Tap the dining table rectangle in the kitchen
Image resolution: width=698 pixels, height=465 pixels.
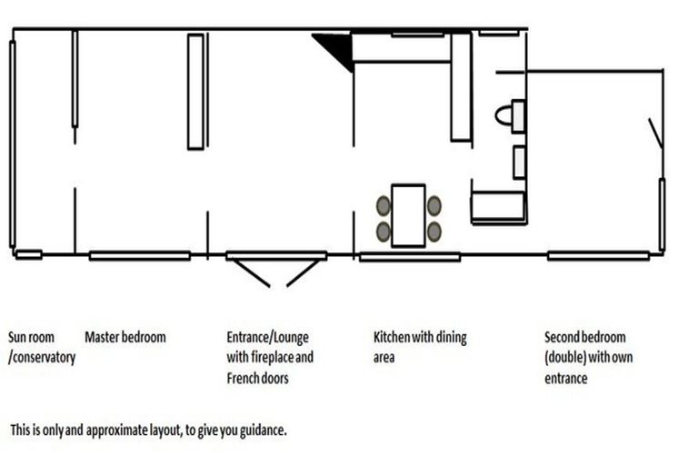[408, 215]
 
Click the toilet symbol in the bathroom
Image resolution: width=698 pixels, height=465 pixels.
[510, 116]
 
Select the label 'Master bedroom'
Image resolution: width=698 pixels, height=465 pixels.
[125, 337]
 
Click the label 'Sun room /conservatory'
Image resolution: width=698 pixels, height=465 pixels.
[42, 347]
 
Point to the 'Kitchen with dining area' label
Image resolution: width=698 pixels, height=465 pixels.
[420, 347]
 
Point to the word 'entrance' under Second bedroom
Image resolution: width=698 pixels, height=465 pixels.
[566, 379]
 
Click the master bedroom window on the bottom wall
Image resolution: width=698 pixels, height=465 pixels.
[140, 256]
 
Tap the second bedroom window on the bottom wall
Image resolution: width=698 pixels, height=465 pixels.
[598, 256]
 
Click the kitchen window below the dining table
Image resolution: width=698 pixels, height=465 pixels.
[410, 257]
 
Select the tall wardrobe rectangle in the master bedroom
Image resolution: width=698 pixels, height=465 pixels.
[196, 92]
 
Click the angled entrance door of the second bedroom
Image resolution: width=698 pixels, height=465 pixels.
[655, 133]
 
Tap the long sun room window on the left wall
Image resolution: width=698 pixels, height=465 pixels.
[13, 143]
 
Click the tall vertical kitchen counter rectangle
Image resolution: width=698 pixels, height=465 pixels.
[461, 87]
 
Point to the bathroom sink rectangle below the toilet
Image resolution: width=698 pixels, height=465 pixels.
[519, 163]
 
